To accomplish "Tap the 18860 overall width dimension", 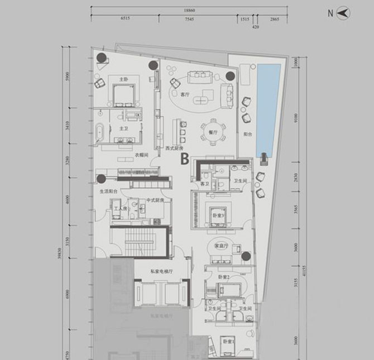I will [x=191, y=9].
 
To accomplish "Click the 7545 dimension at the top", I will [x=189, y=18].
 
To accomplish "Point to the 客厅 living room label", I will [x=185, y=95].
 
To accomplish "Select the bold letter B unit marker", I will [x=184, y=159].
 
